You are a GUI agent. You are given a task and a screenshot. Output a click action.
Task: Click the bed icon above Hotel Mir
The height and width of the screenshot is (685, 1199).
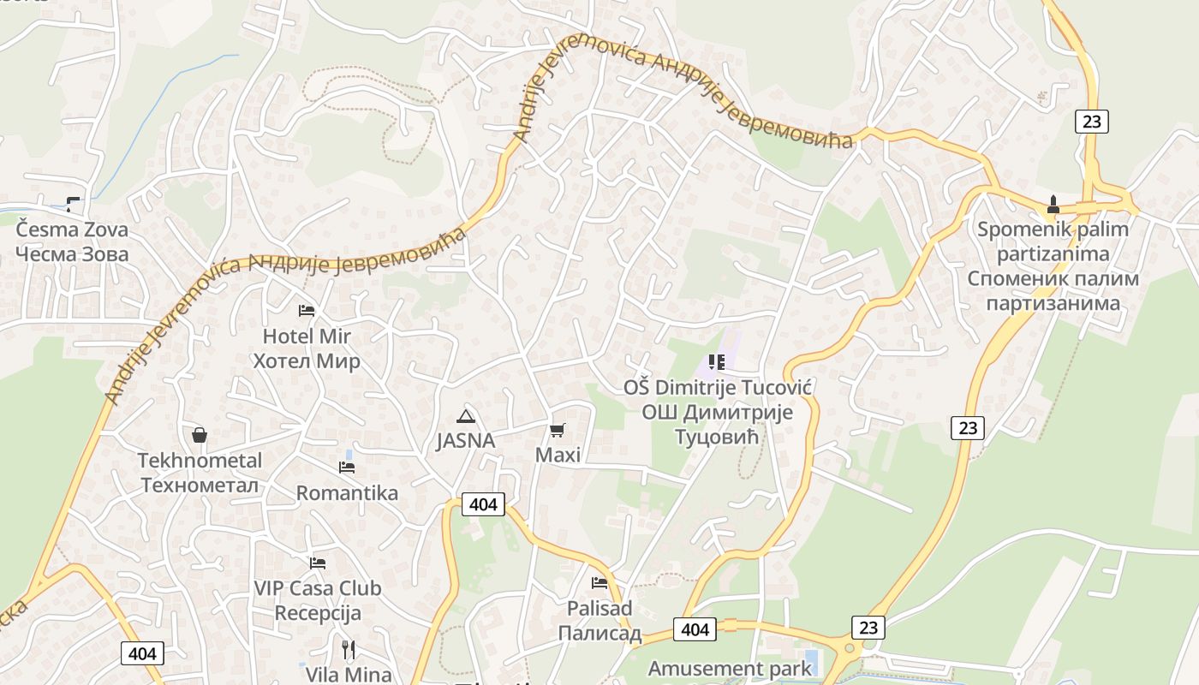pos(307,310)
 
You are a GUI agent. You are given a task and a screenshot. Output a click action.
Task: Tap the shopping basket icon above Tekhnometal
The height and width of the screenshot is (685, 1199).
pos(200,435)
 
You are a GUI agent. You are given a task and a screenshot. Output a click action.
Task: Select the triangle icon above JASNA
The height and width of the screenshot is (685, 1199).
pos(465,417)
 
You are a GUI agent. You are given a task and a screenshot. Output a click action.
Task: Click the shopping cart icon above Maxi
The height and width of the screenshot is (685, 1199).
pos(558,430)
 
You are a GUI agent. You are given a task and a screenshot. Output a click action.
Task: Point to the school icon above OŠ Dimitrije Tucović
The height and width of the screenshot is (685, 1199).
pos(716,362)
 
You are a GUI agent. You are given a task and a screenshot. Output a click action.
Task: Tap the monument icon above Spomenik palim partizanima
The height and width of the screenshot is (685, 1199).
pos(1053,205)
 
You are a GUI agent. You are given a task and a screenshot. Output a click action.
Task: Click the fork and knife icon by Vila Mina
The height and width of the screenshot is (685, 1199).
pos(349,649)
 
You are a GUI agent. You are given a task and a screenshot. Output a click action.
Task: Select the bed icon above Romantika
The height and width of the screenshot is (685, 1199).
pos(347,467)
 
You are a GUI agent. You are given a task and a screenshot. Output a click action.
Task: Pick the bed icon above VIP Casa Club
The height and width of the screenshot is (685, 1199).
pos(318,563)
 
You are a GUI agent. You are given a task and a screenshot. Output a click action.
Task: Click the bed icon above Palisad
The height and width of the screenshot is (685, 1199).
pos(599,583)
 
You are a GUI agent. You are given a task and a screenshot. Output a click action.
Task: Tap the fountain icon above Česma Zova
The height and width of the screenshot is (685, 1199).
pos(72,204)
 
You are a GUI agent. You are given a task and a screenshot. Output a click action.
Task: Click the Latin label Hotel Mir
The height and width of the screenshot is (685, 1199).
pos(307,336)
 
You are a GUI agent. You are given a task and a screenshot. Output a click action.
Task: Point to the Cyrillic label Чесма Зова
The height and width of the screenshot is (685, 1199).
pos(72,254)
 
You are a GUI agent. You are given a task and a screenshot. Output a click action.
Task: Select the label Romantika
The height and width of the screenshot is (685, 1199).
pos(347,493)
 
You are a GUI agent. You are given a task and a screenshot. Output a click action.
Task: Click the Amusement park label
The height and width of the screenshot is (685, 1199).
pos(730,668)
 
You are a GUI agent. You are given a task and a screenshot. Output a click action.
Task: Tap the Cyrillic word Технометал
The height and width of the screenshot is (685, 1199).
pos(200,485)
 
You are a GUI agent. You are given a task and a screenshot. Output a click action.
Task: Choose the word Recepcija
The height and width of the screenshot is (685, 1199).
pos(318,613)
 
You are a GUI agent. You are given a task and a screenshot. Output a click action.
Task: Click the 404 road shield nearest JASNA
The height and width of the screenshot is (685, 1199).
pos(483,504)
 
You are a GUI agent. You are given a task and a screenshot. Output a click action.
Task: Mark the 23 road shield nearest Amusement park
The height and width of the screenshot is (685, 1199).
pos(868,627)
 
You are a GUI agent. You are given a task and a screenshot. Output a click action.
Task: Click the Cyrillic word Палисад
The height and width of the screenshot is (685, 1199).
pos(599,634)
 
